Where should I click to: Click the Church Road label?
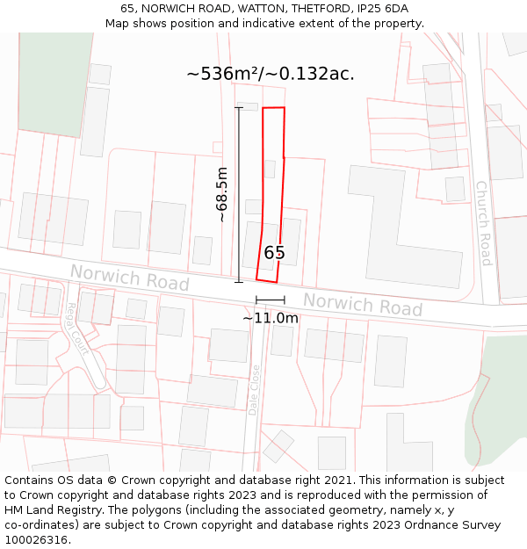point(482,223)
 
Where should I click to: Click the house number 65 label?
point(274,253)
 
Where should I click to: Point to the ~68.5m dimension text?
point(222,194)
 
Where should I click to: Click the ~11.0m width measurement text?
point(271,318)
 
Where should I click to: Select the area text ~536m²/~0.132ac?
point(271,74)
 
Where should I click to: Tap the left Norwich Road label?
point(130,278)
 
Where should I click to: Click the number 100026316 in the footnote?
point(37,540)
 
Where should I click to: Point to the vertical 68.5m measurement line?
point(239,194)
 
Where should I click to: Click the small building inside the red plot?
point(271,169)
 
